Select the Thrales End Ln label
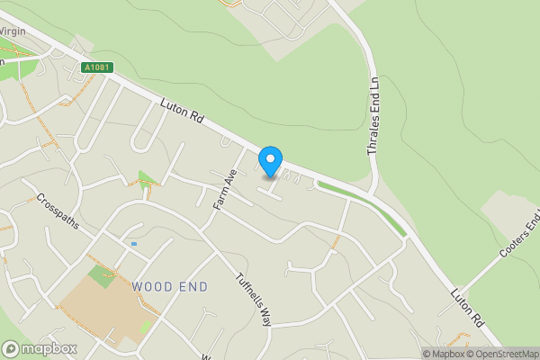click(373, 115)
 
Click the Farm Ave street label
click(224, 190)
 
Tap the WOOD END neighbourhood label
click(169, 286)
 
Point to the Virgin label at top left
click(13, 31)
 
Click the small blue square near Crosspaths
click(134, 243)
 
